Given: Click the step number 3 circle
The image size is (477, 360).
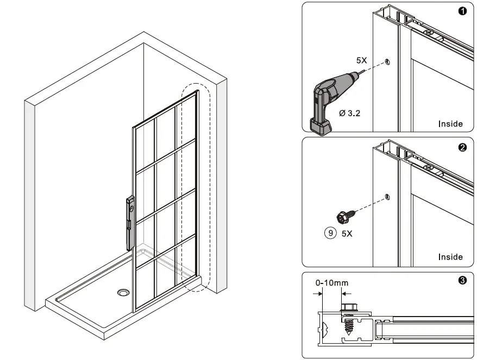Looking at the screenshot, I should coord(462,281).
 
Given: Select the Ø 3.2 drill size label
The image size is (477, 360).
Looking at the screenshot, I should coord(349,113).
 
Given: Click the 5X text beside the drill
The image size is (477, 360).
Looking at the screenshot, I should coord(362,61).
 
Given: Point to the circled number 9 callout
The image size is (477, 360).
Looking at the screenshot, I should coord(329,233).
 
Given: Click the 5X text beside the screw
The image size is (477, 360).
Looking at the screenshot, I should coord(347,234).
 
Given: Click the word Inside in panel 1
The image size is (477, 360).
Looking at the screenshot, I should coord(450,124).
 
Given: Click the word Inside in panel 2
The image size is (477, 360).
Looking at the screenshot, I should coord(450,257).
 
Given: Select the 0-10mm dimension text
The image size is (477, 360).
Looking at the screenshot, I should coord(332,282).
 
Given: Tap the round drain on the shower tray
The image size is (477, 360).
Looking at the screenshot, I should coord(124,293).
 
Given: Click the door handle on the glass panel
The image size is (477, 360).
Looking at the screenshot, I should coord(130,223).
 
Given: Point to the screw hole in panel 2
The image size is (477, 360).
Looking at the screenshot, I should coord(386,197).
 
